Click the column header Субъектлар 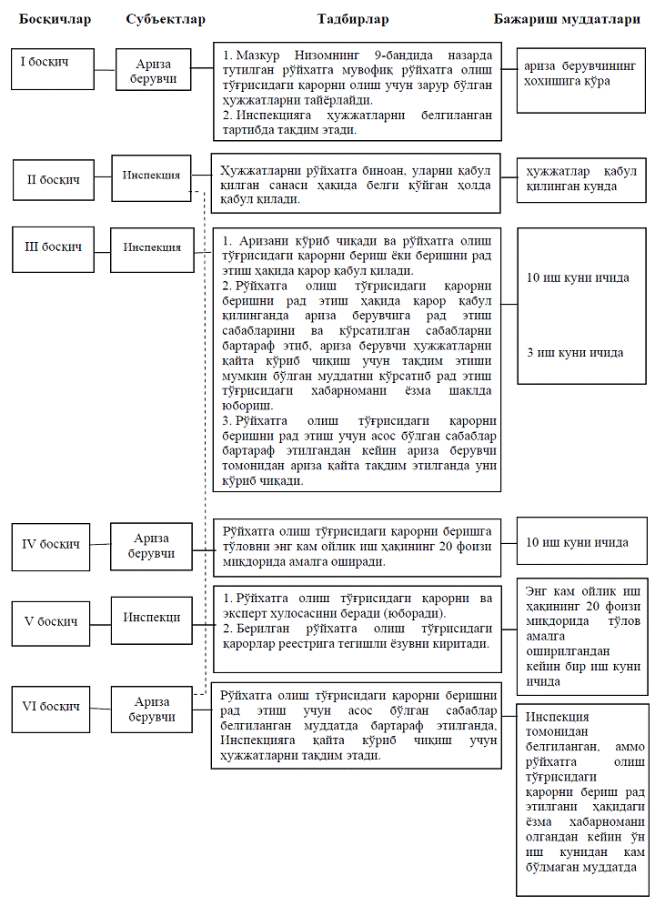pos(165,18)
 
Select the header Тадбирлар pos(353,18)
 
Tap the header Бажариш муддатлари pos(573,18)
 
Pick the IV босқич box pos(52,544)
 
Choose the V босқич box pos(51,620)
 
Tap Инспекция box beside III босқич pos(151,247)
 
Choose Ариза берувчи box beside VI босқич pos(151,710)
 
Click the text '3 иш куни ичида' pos(575,353)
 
